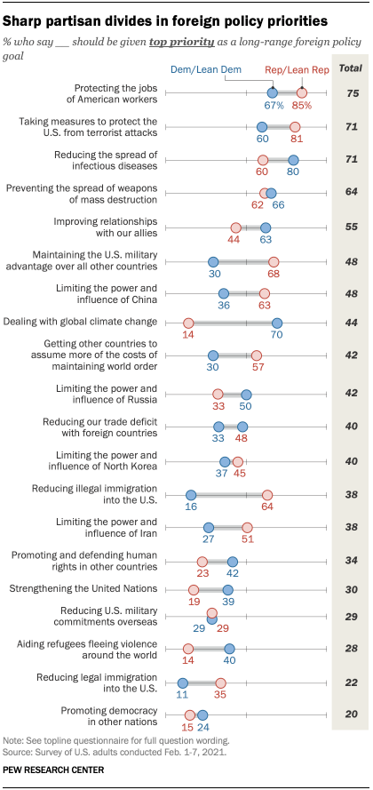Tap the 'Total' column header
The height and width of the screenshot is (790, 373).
(351, 68)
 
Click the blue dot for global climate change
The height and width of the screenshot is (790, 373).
(277, 323)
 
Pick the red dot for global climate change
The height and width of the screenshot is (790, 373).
(188, 323)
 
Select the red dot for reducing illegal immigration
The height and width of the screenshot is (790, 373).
(267, 495)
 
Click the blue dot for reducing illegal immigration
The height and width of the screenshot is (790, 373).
(190, 495)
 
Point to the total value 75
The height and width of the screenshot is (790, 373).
(351, 92)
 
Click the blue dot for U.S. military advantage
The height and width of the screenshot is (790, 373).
(213, 262)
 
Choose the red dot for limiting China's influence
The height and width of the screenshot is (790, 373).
(264, 293)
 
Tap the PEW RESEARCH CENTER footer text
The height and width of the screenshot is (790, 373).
(53, 770)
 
